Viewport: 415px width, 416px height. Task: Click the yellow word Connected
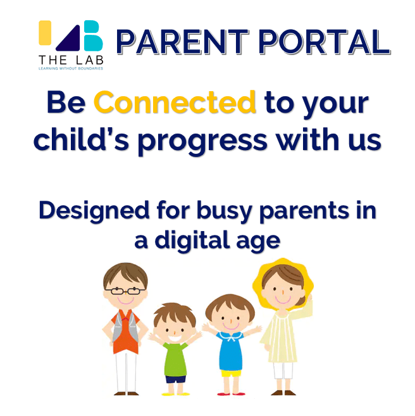175,102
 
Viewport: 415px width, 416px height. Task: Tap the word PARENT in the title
183,42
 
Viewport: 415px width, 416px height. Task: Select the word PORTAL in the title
325,42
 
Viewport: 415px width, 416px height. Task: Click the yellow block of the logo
45,33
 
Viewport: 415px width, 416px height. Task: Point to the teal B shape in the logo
93,35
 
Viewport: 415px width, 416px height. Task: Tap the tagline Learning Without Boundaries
71,68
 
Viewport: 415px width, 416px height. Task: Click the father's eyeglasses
125,291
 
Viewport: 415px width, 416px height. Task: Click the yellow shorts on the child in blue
231,374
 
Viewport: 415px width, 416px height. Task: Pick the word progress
202,141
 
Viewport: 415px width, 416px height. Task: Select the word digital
192,240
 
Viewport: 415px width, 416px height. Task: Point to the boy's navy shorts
175,379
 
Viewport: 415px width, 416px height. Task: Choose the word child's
81,139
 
